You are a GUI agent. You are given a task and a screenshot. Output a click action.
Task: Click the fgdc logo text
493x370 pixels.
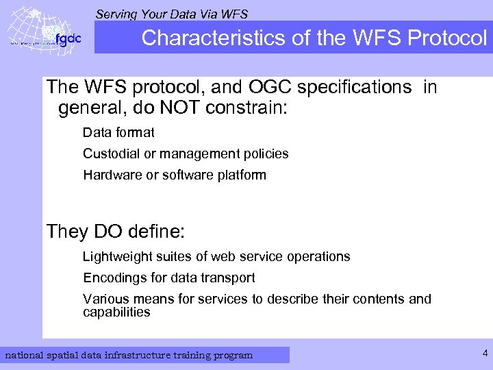[x=68, y=38]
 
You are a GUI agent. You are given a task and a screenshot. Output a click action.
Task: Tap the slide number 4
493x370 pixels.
[x=485, y=354]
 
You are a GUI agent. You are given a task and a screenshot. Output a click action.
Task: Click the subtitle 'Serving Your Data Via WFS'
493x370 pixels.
[x=172, y=14]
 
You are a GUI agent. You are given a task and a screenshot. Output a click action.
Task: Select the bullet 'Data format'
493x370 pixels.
[x=118, y=132]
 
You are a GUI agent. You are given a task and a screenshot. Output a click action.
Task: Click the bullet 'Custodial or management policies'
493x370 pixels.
[x=186, y=153]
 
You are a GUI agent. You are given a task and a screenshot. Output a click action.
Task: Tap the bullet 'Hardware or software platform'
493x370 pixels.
[x=175, y=175]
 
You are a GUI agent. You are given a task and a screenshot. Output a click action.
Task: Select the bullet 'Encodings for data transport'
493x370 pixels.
[x=169, y=277]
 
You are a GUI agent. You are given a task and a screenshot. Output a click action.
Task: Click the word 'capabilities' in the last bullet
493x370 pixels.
[x=116, y=312]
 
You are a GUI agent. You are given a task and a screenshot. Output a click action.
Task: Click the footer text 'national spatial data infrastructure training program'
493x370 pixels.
[x=129, y=355]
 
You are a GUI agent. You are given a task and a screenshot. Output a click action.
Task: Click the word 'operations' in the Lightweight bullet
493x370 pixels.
[x=317, y=257]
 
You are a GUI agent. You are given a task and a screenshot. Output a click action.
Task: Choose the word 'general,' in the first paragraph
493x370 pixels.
[x=88, y=108]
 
